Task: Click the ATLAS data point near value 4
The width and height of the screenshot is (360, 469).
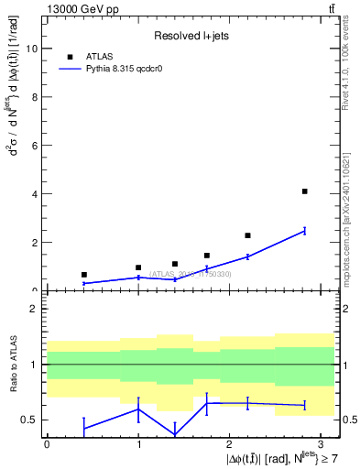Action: pyautogui.click(x=304, y=191)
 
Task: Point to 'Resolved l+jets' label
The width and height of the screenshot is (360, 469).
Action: pyautogui.click(x=189, y=37)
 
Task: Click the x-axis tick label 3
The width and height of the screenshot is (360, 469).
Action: pyautogui.click(x=321, y=443)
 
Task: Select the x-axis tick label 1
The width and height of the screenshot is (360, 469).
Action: pyautogui.click(x=138, y=443)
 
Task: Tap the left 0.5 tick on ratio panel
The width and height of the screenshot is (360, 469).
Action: pyautogui.click(x=30, y=420)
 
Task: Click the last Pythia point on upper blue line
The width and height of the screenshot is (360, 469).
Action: pyautogui.click(x=304, y=231)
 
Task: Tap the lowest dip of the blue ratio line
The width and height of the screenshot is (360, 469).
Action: pyautogui.click(x=175, y=433)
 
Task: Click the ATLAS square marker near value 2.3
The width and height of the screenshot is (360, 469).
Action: pyautogui.click(x=247, y=235)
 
